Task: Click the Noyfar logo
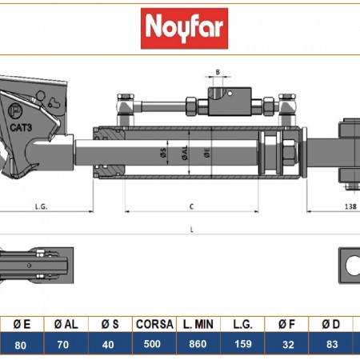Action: point(184,28)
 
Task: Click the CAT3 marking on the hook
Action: point(21,127)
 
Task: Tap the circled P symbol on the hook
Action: point(15,110)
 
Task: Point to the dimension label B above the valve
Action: point(218,72)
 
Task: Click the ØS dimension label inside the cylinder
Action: point(163,152)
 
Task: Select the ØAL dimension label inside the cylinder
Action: point(185,153)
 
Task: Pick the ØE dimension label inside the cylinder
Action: point(207,153)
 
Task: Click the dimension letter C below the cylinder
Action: point(191,206)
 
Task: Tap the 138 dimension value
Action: point(350,206)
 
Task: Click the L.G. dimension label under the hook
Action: point(42,206)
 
